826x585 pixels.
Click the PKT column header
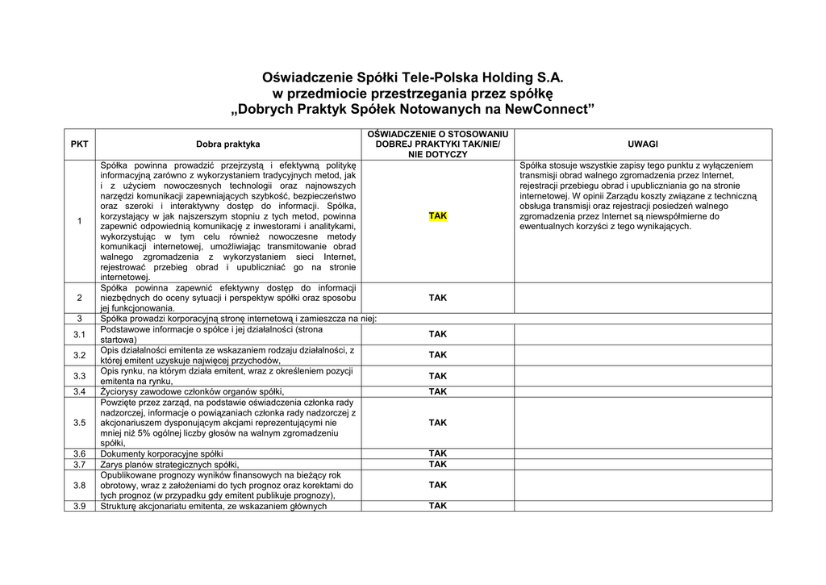(x=79, y=144)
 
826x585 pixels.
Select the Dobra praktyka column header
(x=227, y=144)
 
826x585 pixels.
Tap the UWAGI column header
(x=642, y=144)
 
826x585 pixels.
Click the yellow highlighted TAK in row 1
(x=437, y=216)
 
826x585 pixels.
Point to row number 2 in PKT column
(x=79, y=298)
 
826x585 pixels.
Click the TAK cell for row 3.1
(x=437, y=334)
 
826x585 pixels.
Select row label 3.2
(x=79, y=355)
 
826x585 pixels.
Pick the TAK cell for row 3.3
(x=437, y=376)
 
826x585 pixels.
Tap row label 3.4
(x=79, y=391)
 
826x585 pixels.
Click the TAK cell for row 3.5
(x=437, y=422)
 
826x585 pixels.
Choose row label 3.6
(x=79, y=454)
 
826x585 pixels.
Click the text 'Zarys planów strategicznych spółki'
(x=169, y=465)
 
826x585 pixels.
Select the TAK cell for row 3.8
(x=437, y=485)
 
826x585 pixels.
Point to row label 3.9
(x=79, y=506)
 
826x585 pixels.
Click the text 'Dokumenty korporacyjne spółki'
(x=161, y=454)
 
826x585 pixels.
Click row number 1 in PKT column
(x=79, y=221)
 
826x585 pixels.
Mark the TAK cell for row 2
(x=437, y=298)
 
